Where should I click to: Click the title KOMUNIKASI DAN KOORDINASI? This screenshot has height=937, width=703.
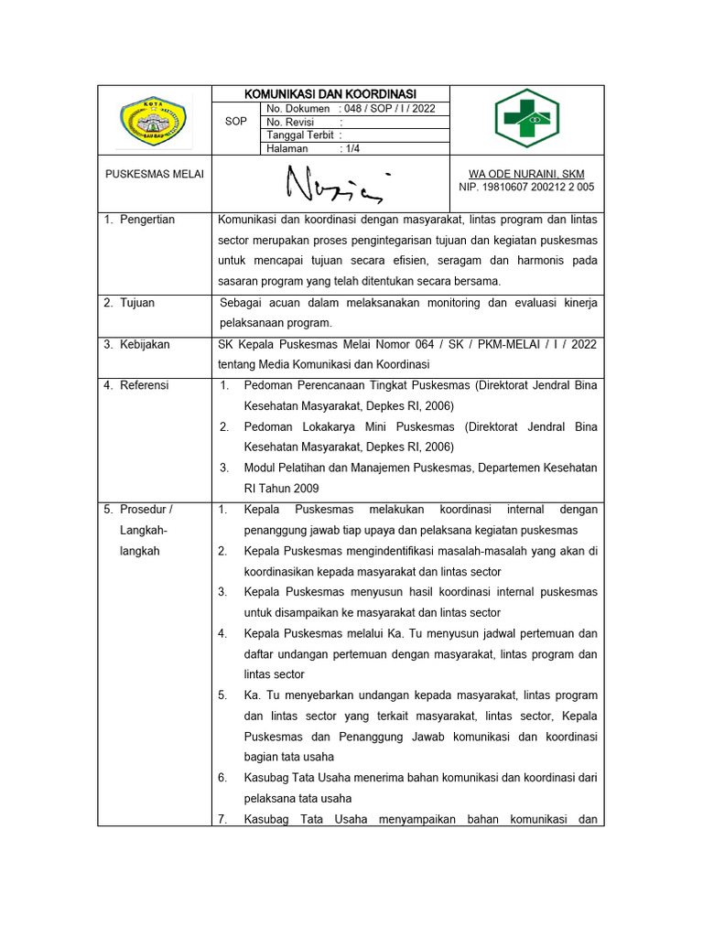pyautogui.click(x=330, y=93)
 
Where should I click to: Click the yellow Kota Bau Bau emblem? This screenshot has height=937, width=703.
pyautogui.click(x=154, y=121)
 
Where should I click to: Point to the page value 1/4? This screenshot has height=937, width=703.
pyautogui.click(x=353, y=147)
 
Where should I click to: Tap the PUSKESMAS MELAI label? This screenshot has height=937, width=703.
pyautogui.click(x=155, y=174)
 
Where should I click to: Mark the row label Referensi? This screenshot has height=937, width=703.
pyautogui.click(x=144, y=386)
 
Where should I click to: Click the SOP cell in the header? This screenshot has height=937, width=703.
pyautogui.click(x=235, y=121)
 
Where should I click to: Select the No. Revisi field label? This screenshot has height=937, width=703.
pyautogui.click(x=290, y=122)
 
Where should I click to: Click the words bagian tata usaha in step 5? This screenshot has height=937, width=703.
pyautogui.click(x=288, y=757)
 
